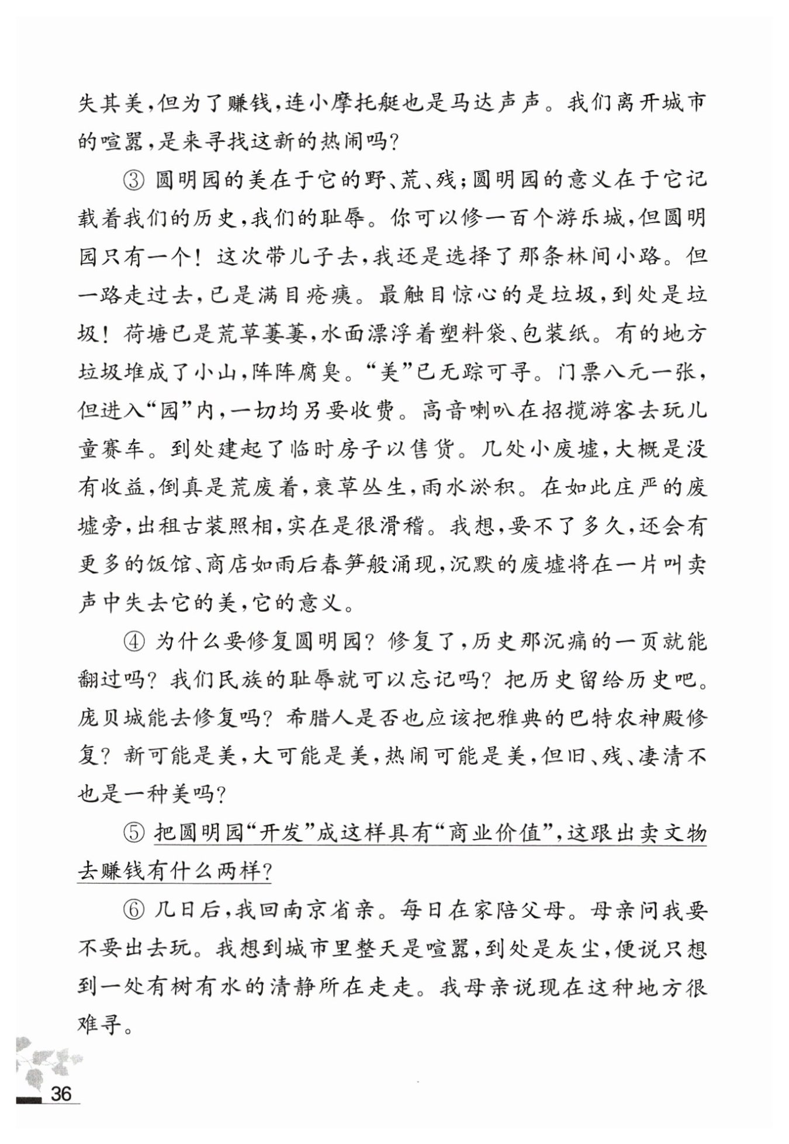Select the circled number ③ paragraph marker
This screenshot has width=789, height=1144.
[134, 180]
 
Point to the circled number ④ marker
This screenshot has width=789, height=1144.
[134, 642]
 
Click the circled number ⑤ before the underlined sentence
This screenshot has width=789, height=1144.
[134, 834]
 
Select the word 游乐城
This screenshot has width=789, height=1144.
[577, 219]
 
